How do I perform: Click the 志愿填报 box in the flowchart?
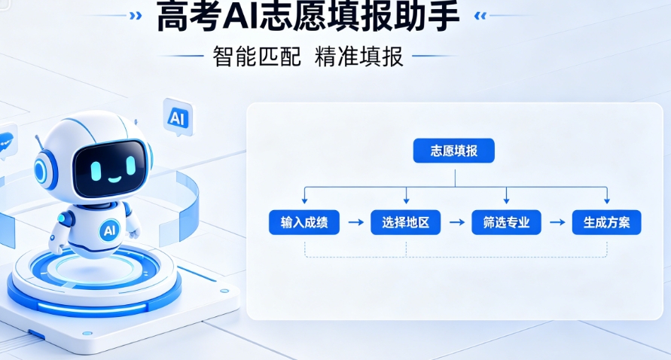click(x=453, y=151)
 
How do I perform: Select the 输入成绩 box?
click(x=304, y=222)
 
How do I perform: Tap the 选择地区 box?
click(x=406, y=222)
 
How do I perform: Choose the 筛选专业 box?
click(x=506, y=222)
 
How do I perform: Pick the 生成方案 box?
click(x=607, y=222)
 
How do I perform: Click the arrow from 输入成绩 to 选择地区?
click(x=355, y=222)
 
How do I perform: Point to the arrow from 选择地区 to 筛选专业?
click(x=456, y=222)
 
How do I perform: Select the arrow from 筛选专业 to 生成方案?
click(x=557, y=222)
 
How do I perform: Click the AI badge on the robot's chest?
click(x=109, y=230)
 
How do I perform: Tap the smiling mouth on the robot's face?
click(x=114, y=179)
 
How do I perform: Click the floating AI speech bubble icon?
click(x=178, y=117)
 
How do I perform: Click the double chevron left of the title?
click(x=136, y=16)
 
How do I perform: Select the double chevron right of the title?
click(x=480, y=16)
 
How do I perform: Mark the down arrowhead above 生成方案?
click(x=607, y=201)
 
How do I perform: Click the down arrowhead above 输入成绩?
click(x=304, y=201)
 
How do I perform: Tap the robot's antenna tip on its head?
click(x=36, y=137)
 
